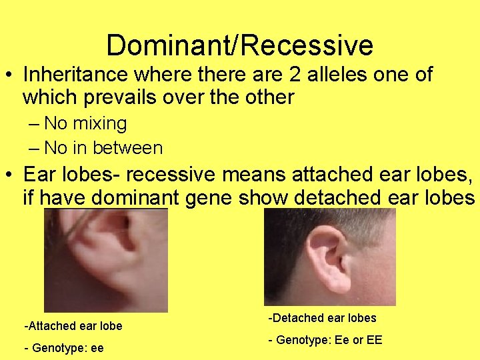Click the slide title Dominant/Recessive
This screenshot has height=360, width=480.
click(x=239, y=45)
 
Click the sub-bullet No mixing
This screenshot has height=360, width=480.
click(x=85, y=123)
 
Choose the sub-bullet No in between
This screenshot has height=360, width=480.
click(x=103, y=147)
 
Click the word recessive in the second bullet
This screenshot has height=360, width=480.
click(x=170, y=175)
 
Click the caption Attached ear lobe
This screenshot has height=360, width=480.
click(x=73, y=326)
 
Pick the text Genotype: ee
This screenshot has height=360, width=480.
click(x=64, y=347)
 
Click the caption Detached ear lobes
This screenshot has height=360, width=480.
click(x=323, y=318)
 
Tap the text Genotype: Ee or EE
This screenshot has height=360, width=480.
click(x=325, y=340)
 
